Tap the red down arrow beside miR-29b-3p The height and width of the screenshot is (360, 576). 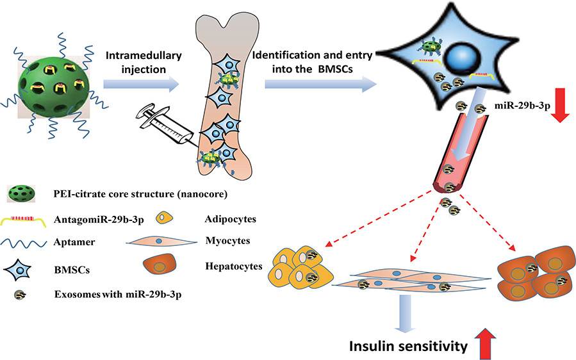(x=560, y=105)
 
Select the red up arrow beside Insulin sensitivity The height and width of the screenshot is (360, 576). (x=486, y=344)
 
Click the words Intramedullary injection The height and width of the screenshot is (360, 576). (x=144, y=62)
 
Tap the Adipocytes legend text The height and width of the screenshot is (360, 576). (x=230, y=219)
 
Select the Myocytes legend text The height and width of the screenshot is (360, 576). (x=227, y=241)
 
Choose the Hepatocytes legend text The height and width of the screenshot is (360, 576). (x=234, y=266)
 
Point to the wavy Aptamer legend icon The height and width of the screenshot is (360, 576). (x=24, y=243)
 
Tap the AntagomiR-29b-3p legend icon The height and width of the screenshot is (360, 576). (x=23, y=220)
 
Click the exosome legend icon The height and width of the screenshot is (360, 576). (x=20, y=295)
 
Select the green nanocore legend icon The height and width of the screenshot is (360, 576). (x=22, y=193)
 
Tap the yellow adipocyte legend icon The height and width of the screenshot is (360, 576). (x=164, y=217)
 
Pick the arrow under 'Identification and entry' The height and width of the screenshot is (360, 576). (x=321, y=85)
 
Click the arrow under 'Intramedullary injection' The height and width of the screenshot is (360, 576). (x=141, y=85)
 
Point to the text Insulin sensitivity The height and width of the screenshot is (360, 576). (x=409, y=346)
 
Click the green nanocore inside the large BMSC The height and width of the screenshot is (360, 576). (x=431, y=47)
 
